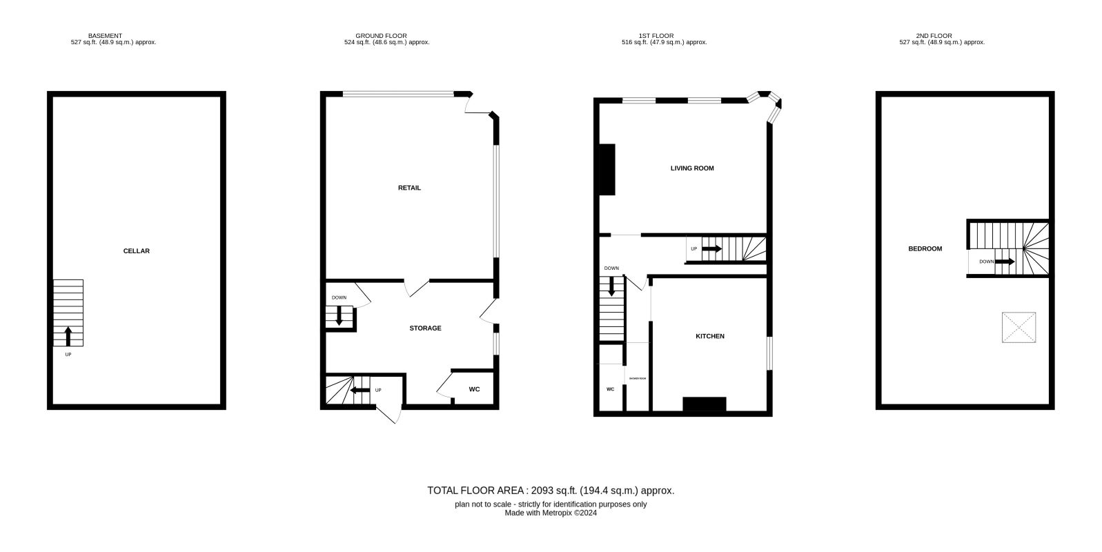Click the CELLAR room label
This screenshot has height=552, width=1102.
click(x=136, y=251)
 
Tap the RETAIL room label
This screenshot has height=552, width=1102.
click(x=409, y=188)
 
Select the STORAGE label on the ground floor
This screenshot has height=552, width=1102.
click(x=425, y=328)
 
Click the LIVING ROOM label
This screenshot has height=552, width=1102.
click(x=692, y=168)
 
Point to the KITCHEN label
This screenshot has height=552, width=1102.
click(x=709, y=337)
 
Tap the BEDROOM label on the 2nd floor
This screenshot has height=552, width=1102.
click(x=925, y=249)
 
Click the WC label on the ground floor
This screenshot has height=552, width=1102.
click(x=474, y=389)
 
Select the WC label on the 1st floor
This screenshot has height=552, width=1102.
click(x=610, y=390)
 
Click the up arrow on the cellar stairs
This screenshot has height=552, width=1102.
click(x=68, y=336)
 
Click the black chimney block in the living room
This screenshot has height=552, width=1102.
click(x=607, y=170)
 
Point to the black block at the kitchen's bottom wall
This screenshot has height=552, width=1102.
click(x=705, y=404)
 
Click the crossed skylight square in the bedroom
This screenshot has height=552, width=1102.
click(x=1019, y=327)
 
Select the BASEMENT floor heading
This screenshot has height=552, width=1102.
click(x=105, y=36)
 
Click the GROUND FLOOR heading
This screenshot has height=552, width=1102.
click(x=381, y=36)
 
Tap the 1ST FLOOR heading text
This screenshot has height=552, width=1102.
click(x=656, y=36)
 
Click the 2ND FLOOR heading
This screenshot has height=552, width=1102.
click(x=934, y=36)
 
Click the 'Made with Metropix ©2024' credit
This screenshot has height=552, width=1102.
click(x=551, y=513)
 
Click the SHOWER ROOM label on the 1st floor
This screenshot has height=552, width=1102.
click(x=638, y=378)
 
